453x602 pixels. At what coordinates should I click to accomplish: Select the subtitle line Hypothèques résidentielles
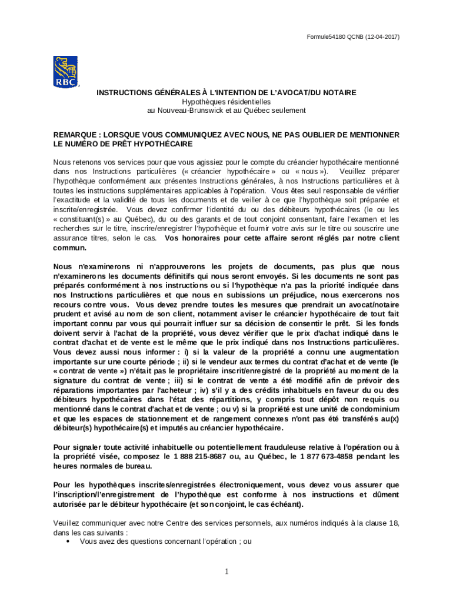pyautogui.click(x=226, y=102)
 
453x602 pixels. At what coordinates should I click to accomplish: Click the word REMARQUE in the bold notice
pyautogui.click(x=75, y=135)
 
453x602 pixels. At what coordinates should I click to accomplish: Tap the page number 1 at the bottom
pyautogui.click(x=226, y=571)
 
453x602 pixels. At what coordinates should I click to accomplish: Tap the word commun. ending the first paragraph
pyautogui.click(x=70, y=248)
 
